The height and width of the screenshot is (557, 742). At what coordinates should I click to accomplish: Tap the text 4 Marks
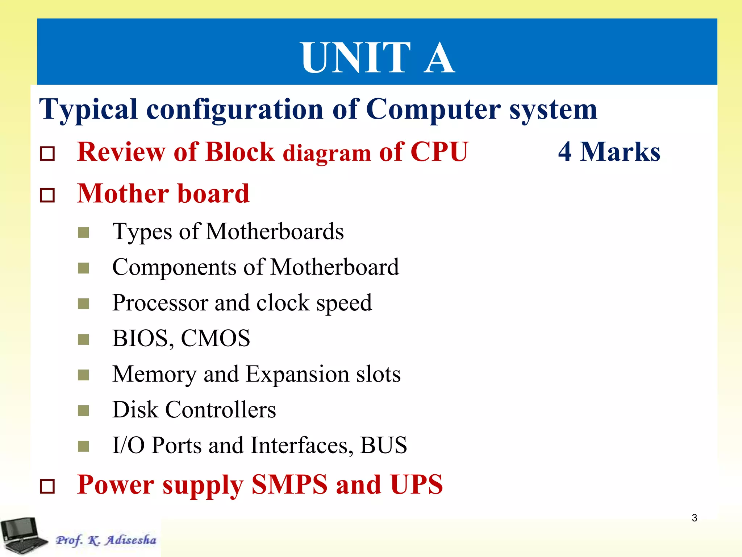coord(609,152)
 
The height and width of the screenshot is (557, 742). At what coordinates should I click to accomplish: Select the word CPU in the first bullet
coord(439,152)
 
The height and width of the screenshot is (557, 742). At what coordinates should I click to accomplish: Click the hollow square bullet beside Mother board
coord(47,195)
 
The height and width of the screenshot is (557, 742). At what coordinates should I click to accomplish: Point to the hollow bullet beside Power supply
coord(47,486)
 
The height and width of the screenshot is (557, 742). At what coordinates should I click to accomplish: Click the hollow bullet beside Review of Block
coord(47,154)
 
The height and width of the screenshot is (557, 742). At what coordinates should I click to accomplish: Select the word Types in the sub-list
coord(142,232)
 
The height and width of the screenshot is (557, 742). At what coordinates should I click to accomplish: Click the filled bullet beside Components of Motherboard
coord(83,268)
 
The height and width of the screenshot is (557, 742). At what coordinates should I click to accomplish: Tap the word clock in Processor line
coord(283,303)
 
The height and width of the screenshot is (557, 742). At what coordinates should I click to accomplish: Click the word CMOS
coord(215,338)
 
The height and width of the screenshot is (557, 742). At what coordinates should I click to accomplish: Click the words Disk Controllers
coord(194,410)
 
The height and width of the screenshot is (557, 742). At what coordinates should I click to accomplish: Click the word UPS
coord(416,484)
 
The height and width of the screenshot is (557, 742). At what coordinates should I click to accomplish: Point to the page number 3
coord(694,518)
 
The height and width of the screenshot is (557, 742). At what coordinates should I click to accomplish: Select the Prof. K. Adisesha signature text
coord(106,540)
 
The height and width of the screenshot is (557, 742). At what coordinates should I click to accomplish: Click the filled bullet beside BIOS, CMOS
coord(83,340)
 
